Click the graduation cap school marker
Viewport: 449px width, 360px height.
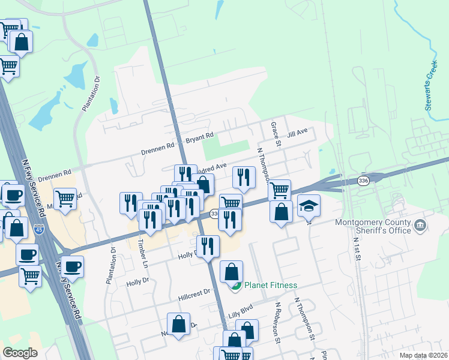309,206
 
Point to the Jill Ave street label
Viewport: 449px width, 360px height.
297,133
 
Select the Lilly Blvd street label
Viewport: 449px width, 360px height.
241,314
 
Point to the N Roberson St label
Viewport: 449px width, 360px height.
279,322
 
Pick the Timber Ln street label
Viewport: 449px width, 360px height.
142,252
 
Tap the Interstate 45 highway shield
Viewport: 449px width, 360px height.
39,229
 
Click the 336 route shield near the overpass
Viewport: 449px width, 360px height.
363,180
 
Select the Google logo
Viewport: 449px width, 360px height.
20,353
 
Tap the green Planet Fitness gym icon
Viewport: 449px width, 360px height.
236,286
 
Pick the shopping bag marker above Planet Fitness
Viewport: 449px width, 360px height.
232,272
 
